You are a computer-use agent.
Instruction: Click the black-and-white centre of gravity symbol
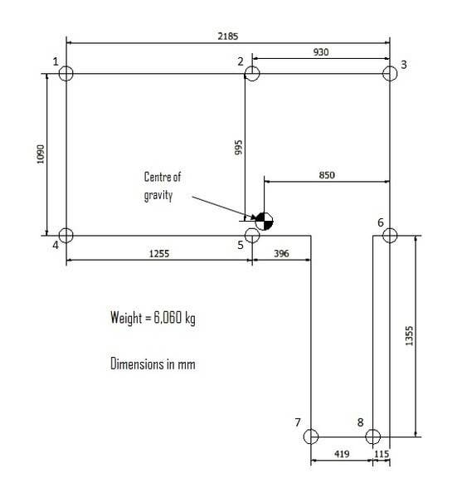[264, 221]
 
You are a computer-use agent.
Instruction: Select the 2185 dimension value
[228, 37]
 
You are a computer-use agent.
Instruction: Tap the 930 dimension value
[321, 52]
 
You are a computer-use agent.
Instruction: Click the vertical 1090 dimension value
[41, 154]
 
